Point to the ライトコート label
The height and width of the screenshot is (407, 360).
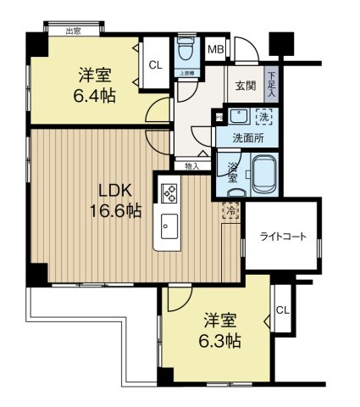(x=282, y=236)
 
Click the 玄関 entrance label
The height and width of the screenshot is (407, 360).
(x=246, y=86)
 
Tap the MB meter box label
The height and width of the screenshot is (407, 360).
(x=216, y=49)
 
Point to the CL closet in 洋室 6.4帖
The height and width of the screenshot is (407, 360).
(x=156, y=64)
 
